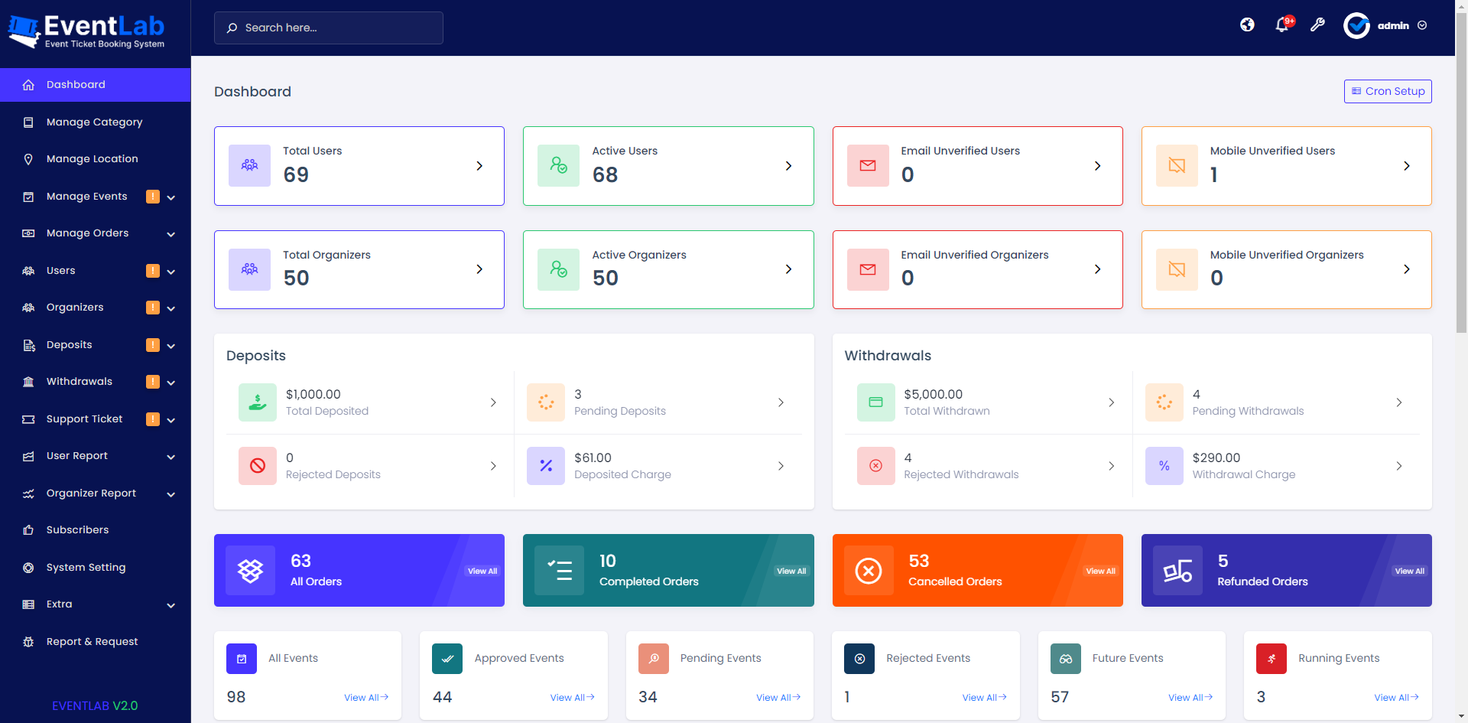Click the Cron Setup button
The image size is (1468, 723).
pyautogui.click(x=1388, y=91)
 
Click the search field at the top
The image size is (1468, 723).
pyautogui.click(x=329, y=28)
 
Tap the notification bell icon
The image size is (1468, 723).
pyautogui.click(x=1282, y=25)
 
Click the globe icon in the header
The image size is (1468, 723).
pyautogui.click(x=1247, y=25)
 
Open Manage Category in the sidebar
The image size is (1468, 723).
pyautogui.click(x=94, y=122)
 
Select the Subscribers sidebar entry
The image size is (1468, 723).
pyautogui.click(x=77, y=530)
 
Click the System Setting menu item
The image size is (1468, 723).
pyautogui.click(x=86, y=568)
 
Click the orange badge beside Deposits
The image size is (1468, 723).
pyautogui.click(x=153, y=345)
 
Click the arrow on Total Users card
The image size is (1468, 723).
pyautogui.click(x=479, y=166)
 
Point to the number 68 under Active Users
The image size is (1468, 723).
pyautogui.click(x=605, y=175)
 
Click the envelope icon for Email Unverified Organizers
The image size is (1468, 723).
pyautogui.click(x=868, y=269)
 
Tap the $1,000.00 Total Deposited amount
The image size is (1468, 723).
pyautogui.click(x=313, y=394)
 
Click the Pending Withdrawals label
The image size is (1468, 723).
pyautogui.click(x=1248, y=411)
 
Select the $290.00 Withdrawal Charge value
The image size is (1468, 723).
pyautogui.click(x=1216, y=458)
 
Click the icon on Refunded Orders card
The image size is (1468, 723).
pyautogui.click(x=1177, y=571)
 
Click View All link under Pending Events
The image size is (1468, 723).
pyautogui.click(x=778, y=698)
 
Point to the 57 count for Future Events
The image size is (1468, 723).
pyautogui.click(x=1060, y=697)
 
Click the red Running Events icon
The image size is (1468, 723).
pyautogui.click(x=1271, y=659)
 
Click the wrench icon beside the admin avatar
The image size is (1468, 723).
pyautogui.click(x=1317, y=25)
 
